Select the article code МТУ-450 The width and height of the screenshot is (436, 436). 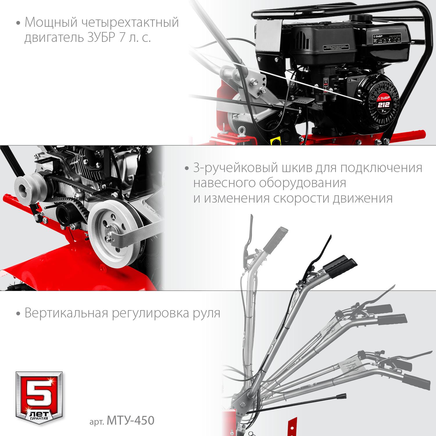point(131,421)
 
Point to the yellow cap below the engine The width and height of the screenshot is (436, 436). point(274,141)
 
